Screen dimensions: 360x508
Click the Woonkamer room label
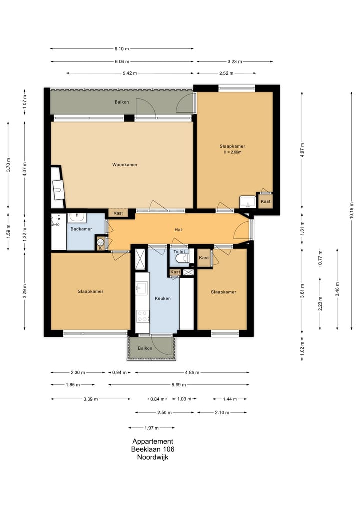coord(125,165)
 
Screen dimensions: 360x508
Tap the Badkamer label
coord(81,229)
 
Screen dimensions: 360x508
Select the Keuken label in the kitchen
coord(163,298)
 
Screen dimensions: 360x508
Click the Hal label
coord(178,230)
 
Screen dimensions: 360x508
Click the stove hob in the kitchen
coord(142,316)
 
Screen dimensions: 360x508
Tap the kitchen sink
coord(141,287)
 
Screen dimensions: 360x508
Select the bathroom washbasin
coord(77,217)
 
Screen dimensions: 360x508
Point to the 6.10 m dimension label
coord(121,49)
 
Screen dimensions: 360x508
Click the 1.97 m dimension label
coord(152,428)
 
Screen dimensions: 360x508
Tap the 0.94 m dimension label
coord(119,373)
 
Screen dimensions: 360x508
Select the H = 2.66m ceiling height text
coord(232,152)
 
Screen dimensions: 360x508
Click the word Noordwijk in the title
coord(153,457)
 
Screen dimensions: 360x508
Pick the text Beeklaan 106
coord(153,449)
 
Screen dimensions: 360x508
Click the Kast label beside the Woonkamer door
coord(118,213)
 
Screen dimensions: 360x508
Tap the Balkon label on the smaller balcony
coord(145,348)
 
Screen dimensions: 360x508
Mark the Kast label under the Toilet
coord(175,272)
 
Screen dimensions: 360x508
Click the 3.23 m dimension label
coord(235,62)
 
